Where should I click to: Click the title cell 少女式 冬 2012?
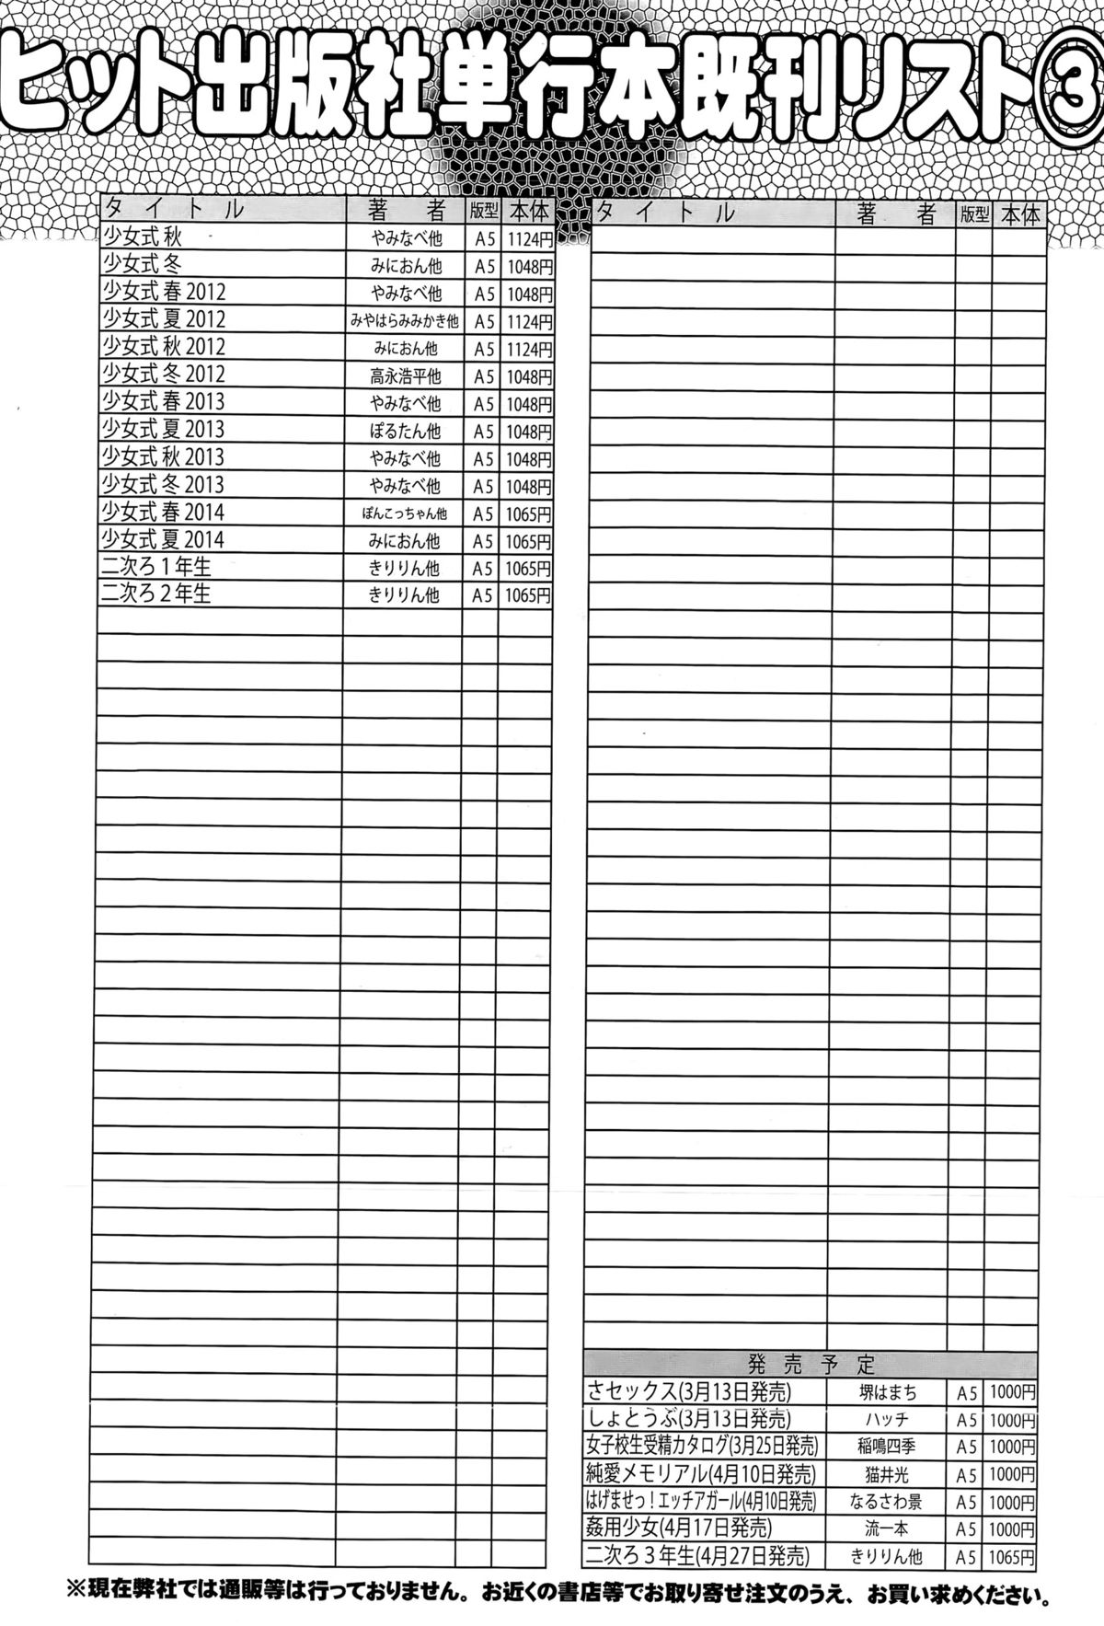coord(164,375)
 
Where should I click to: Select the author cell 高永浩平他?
coord(406,376)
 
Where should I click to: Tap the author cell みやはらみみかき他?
coord(404,321)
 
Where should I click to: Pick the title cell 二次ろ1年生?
coord(156,568)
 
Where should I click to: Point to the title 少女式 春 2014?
coord(164,513)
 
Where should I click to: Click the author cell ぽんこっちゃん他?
coord(405,514)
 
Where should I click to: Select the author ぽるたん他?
coord(406,432)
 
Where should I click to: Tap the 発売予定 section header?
coord(811,1363)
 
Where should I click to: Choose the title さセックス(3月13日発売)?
coord(688,1391)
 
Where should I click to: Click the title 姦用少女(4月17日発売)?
coord(679,1529)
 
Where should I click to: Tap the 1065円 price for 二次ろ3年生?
coord(1012,1558)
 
